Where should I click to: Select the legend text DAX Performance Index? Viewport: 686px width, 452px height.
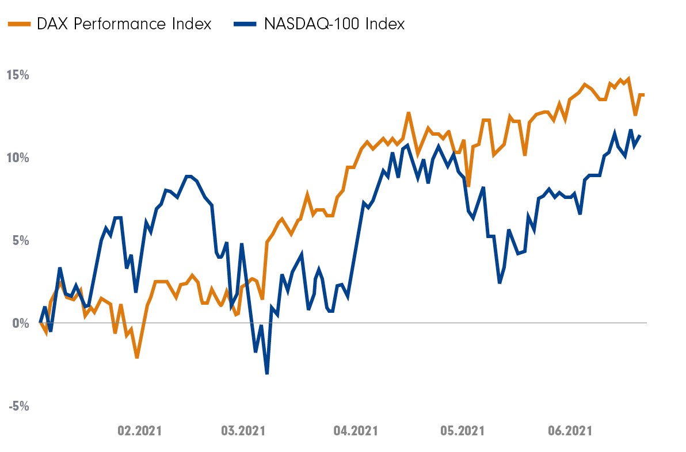click(124, 24)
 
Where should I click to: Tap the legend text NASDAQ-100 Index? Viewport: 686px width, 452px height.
click(334, 24)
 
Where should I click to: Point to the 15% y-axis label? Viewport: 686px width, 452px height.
click(18, 75)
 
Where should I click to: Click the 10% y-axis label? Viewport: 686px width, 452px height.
click(18, 158)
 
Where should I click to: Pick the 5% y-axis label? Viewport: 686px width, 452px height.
click(21, 240)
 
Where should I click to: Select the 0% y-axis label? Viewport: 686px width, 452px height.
click(21, 323)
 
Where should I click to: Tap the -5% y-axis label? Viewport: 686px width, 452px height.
click(18, 406)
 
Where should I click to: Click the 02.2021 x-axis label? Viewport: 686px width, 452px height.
click(140, 431)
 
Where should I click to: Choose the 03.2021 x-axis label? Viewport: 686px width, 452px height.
click(243, 431)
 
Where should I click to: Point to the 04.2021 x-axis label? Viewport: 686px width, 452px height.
click(355, 431)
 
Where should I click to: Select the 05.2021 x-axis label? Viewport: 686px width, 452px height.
click(462, 431)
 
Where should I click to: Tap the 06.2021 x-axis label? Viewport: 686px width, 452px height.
click(570, 431)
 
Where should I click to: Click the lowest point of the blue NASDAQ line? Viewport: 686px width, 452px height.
click(267, 374)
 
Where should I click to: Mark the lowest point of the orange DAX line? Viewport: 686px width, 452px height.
click(137, 358)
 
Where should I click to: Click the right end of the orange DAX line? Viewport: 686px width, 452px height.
click(643, 94)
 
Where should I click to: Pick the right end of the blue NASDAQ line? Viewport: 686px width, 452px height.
click(641, 135)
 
